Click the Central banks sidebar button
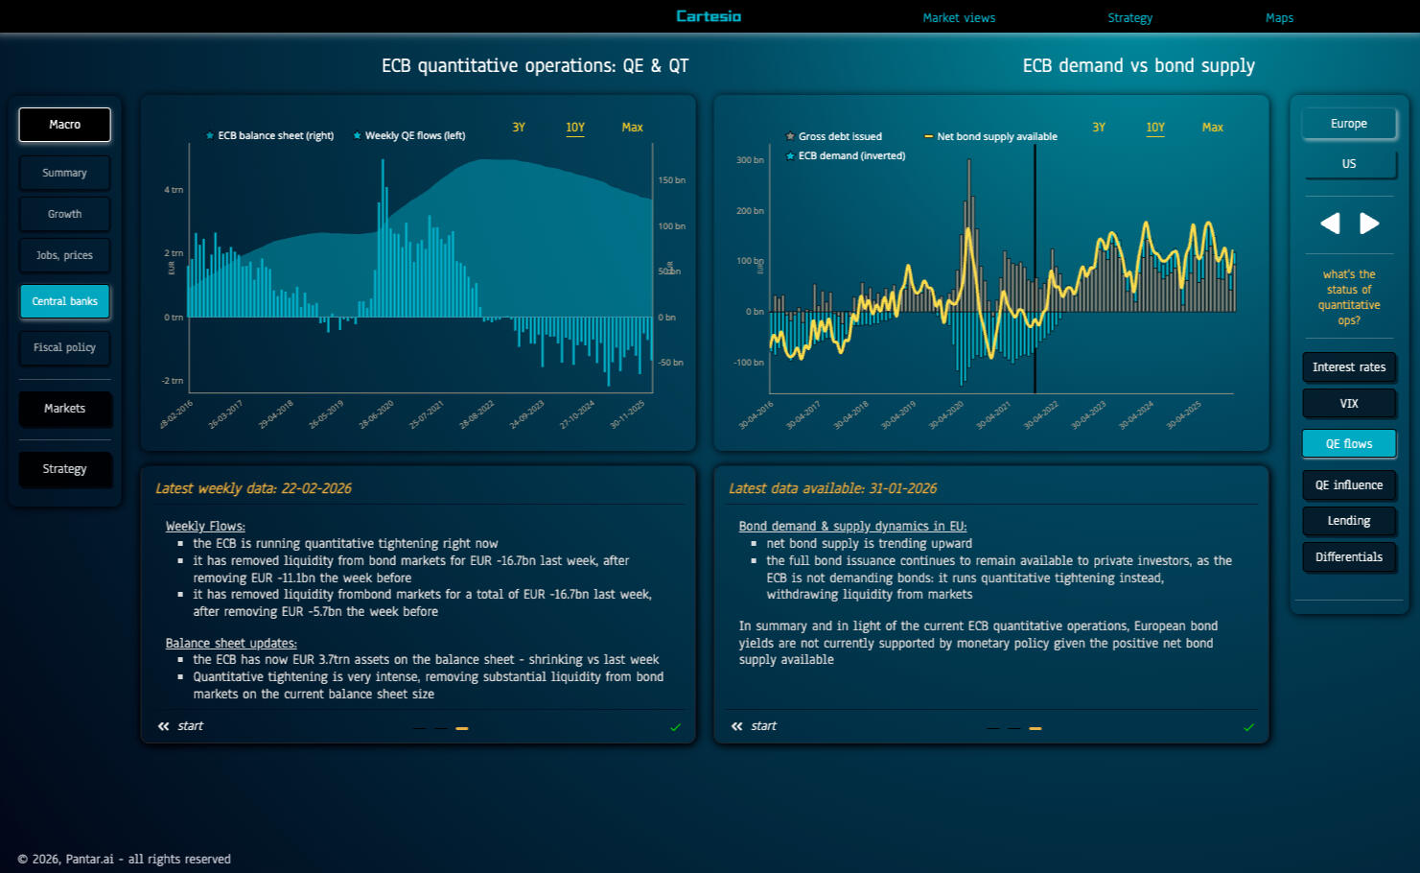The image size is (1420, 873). click(65, 301)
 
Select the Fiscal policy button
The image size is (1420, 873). click(65, 347)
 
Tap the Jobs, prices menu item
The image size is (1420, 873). click(65, 255)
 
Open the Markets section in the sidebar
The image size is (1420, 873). click(65, 409)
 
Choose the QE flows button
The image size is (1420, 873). click(1348, 443)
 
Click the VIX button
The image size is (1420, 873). click(1348, 403)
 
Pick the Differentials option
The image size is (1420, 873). click(1348, 556)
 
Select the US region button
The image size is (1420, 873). click(1348, 164)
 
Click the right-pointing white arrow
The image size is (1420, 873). click(1369, 224)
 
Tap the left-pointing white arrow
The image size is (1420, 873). click(1330, 224)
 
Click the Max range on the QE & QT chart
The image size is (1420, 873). click(632, 128)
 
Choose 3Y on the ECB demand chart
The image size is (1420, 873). click(1099, 128)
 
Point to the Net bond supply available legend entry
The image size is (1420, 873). click(996, 136)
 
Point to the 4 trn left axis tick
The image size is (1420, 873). click(174, 190)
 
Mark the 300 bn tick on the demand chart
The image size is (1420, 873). click(750, 160)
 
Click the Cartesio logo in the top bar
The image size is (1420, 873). click(709, 16)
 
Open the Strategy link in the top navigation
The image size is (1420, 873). click(1129, 17)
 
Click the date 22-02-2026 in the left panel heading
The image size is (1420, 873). click(316, 488)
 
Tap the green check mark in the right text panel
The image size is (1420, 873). click(1248, 727)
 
